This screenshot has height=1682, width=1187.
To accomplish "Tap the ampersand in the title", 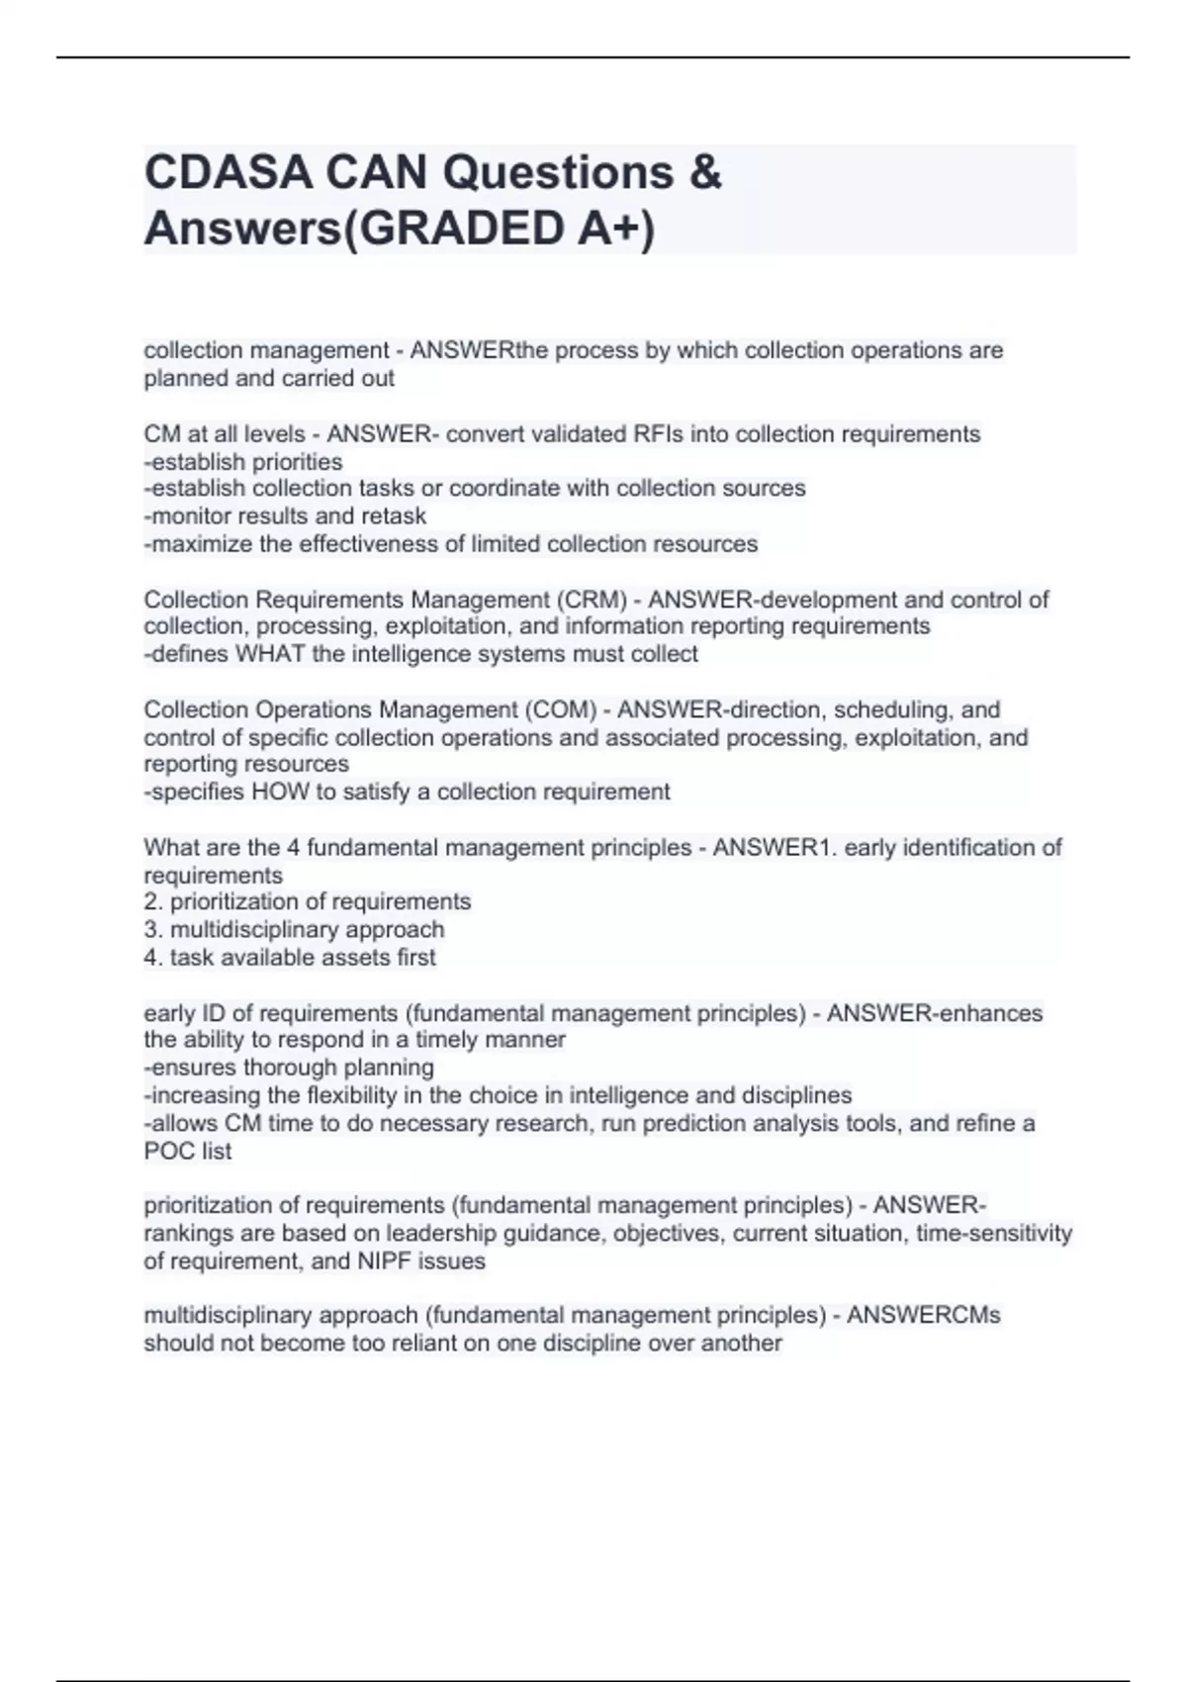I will click(704, 173).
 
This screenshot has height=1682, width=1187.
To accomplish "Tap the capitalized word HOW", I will click(280, 792).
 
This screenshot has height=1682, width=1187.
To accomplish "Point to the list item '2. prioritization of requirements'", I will click(308, 901).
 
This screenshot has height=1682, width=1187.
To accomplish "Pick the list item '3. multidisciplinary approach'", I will click(294, 929).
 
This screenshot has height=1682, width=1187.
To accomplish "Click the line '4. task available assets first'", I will click(290, 957).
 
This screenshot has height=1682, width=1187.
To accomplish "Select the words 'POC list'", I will click(188, 1151).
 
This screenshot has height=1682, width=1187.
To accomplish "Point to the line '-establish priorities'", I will click(243, 462).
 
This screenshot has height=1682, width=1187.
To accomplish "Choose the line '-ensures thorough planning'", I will click(289, 1068).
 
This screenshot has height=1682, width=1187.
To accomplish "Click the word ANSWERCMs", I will click(924, 1315).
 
